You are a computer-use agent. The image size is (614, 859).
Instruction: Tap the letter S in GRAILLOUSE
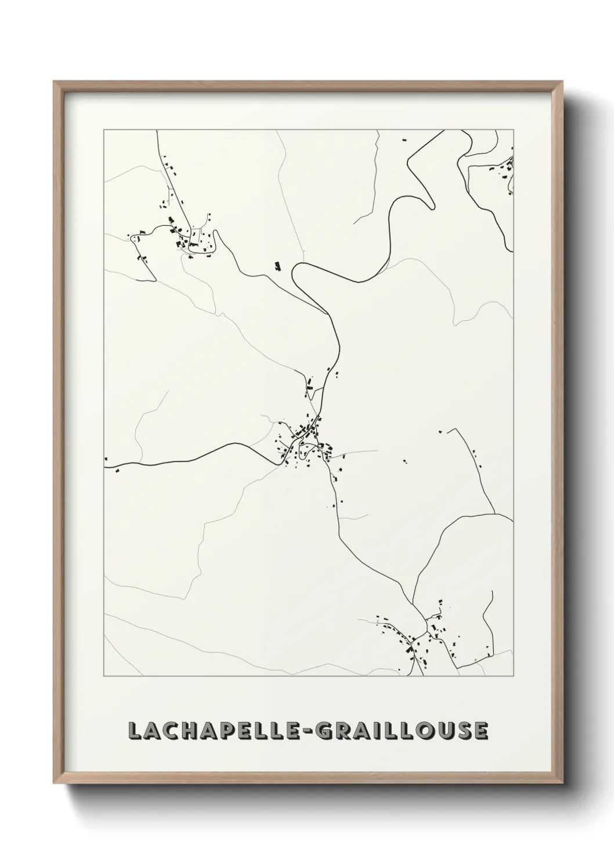point(462,731)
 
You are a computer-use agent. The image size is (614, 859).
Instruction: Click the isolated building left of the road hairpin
point(278,266)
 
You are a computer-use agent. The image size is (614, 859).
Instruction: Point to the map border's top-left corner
point(104,130)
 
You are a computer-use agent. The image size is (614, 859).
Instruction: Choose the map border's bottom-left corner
point(104,676)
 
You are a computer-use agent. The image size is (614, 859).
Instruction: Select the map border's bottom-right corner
point(514,676)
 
